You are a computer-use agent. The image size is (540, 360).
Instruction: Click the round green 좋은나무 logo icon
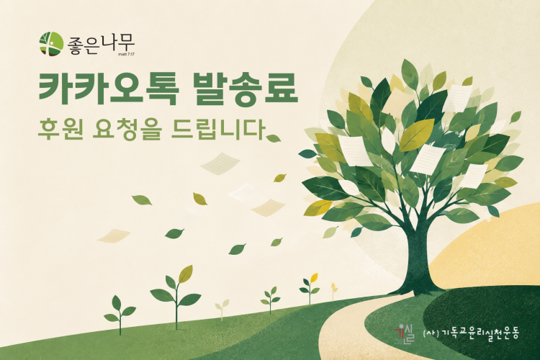[x=51, y=43]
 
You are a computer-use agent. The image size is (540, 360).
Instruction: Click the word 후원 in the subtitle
[x=60, y=129]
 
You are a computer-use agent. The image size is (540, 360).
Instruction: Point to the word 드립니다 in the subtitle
[x=218, y=129]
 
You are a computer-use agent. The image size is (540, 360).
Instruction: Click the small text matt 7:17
[x=126, y=54]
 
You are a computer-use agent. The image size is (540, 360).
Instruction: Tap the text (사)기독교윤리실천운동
[x=470, y=333]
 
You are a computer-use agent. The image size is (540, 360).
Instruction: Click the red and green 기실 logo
[x=404, y=334]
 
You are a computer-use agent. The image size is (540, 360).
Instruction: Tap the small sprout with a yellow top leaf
[x=310, y=289]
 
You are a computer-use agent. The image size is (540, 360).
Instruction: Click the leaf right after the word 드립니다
[x=274, y=138]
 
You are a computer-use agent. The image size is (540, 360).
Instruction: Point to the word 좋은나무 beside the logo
[x=101, y=45]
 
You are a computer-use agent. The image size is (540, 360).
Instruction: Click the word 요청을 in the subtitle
[x=127, y=129]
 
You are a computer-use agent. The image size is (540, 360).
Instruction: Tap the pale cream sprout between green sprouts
[x=222, y=309]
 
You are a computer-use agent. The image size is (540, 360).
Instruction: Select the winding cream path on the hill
[x=348, y=328]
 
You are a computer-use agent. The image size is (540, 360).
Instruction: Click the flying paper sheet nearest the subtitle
[x=220, y=163]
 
